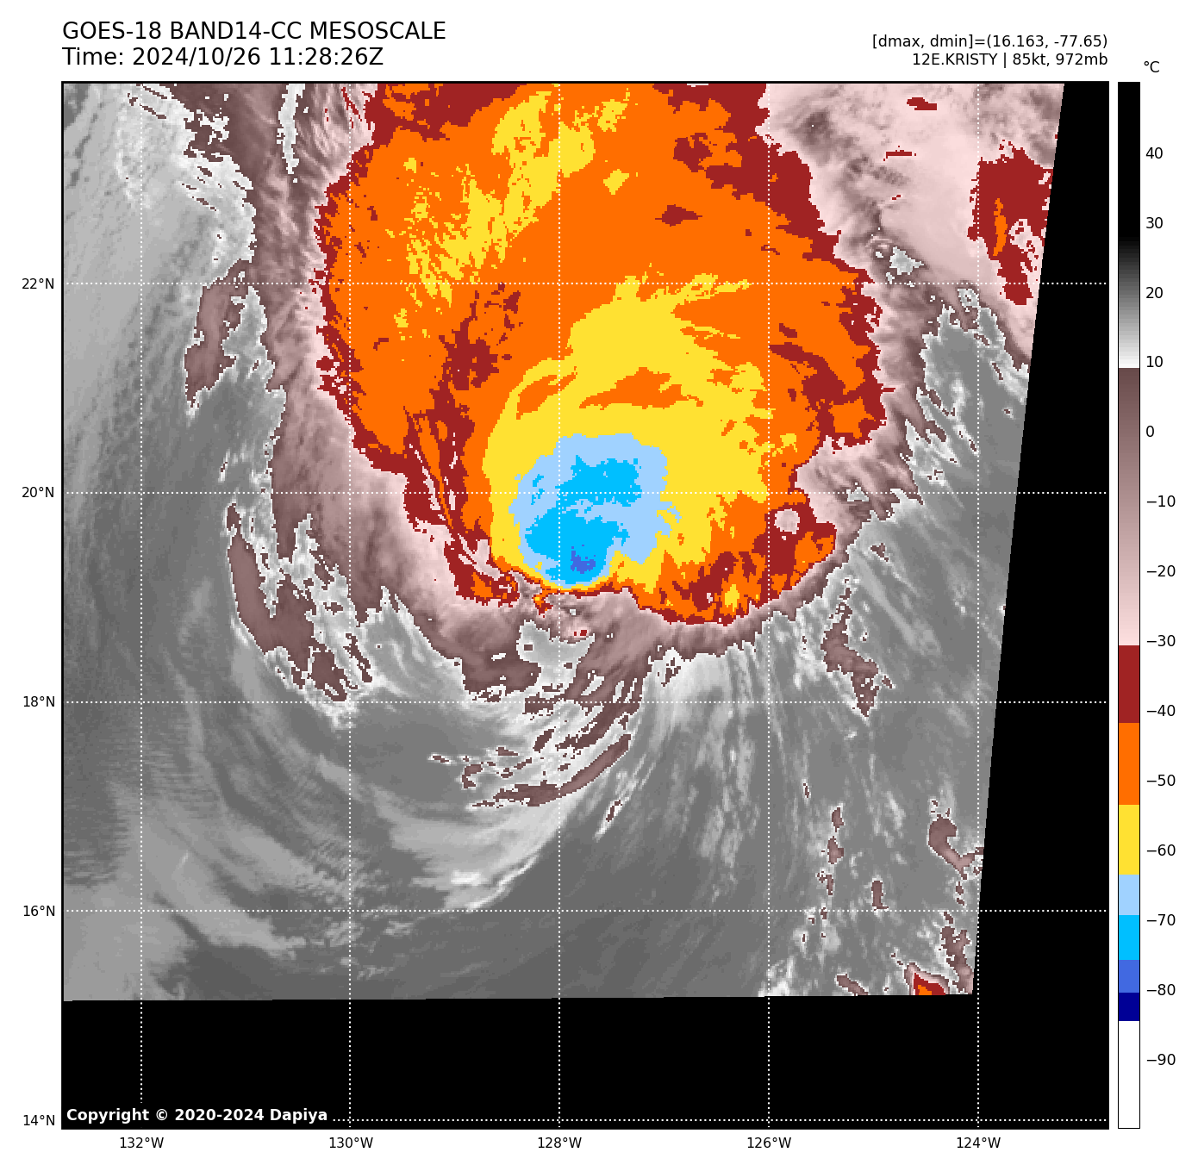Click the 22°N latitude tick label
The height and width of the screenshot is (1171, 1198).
click(38, 284)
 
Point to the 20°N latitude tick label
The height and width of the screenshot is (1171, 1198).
click(38, 493)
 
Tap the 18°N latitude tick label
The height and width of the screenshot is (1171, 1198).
click(38, 702)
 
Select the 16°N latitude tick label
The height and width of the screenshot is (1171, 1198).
click(38, 912)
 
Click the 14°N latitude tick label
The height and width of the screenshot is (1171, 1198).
click(38, 1121)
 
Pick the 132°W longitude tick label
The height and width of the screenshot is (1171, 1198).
click(141, 1143)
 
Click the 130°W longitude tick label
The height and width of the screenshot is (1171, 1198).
click(351, 1143)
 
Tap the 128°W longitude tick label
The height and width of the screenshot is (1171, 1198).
click(559, 1143)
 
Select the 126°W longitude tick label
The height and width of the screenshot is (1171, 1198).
click(769, 1143)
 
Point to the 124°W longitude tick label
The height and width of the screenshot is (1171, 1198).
click(978, 1143)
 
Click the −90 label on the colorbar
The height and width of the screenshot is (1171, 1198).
click(1160, 1060)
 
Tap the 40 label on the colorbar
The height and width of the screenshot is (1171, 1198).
click(1154, 154)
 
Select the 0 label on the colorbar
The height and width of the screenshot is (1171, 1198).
click(1150, 433)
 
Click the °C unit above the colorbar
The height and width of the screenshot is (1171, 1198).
click(1151, 67)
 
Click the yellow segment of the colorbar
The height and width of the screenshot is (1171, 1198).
click(1128, 840)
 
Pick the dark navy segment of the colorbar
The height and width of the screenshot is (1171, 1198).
click(1128, 1006)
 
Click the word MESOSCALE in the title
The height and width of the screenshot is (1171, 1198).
click(377, 32)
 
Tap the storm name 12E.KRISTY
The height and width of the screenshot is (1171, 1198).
click(954, 60)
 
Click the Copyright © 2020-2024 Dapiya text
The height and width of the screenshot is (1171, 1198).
click(197, 1115)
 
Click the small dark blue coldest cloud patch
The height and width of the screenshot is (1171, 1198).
click(583, 564)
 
